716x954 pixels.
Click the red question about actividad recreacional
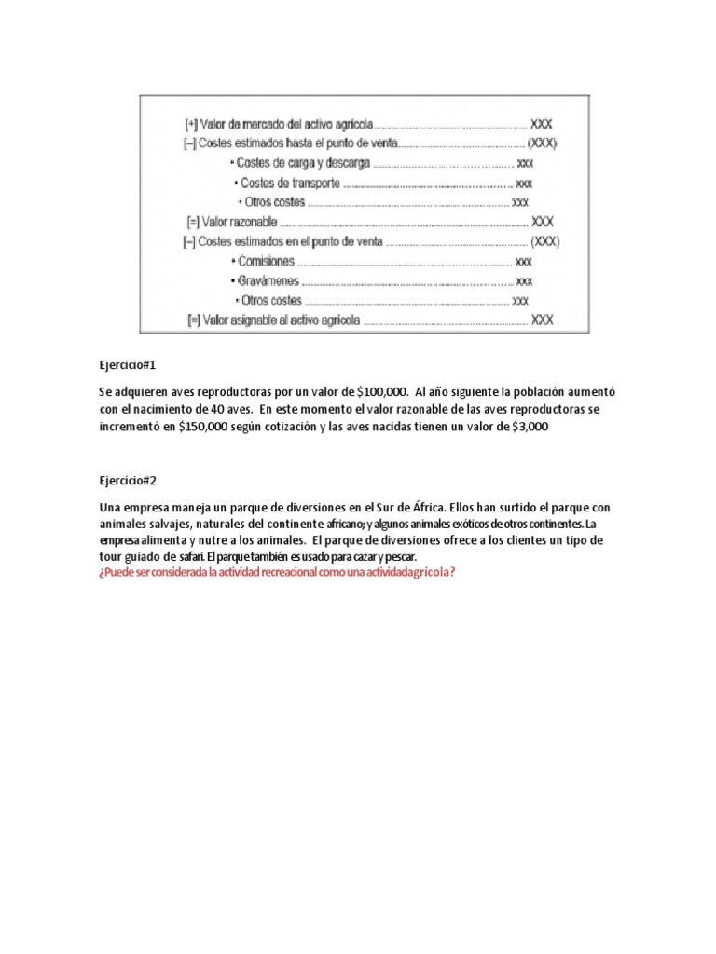[x=277, y=571]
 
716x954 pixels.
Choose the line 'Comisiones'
[x=268, y=262]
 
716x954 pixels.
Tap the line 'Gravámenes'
[x=268, y=280]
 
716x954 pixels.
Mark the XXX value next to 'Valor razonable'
[x=542, y=222]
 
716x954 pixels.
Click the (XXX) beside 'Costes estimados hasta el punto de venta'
[x=544, y=143]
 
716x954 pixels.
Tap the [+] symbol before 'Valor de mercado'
[x=191, y=123]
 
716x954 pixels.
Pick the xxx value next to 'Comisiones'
[x=524, y=262]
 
